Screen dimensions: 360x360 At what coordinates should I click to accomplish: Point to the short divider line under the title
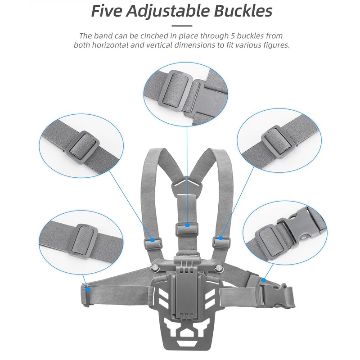click(x=182, y=26)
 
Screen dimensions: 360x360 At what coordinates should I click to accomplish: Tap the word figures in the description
click(x=274, y=45)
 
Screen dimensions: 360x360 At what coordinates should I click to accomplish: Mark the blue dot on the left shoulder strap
click(x=153, y=240)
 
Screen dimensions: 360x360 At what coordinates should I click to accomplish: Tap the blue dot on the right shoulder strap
click(x=221, y=237)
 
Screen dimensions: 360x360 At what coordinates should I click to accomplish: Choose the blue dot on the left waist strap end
click(x=88, y=288)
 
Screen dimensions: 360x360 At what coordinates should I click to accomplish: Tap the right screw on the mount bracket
click(x=220, y=269)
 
